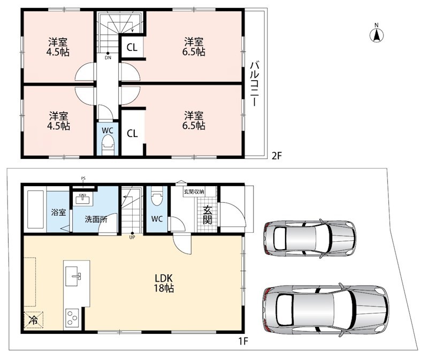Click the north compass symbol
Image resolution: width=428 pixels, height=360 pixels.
point(377,34)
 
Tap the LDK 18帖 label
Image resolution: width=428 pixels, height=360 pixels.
point(164,284)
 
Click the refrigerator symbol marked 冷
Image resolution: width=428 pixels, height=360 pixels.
point(34,320)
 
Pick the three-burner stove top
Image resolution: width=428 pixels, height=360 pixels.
point(72,318)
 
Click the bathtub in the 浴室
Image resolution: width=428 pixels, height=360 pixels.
point(35,210)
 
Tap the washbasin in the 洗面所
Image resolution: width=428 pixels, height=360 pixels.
point(83,198)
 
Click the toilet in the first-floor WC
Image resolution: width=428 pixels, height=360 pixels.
point(157,196)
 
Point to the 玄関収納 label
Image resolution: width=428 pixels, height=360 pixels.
point(194,192)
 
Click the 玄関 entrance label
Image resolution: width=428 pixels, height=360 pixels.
point(208,215)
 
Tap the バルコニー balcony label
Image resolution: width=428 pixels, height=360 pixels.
point(255,84)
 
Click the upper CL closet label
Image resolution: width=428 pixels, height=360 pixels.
point(132,48)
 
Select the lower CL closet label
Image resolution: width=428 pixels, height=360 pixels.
point(132,134)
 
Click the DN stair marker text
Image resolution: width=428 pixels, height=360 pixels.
point(108,58)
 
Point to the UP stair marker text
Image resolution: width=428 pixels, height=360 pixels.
point(132,237)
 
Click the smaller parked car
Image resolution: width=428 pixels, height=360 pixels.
point(310,238)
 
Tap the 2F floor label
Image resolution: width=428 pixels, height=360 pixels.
point(276,156)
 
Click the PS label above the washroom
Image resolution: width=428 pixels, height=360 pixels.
point(83,179)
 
